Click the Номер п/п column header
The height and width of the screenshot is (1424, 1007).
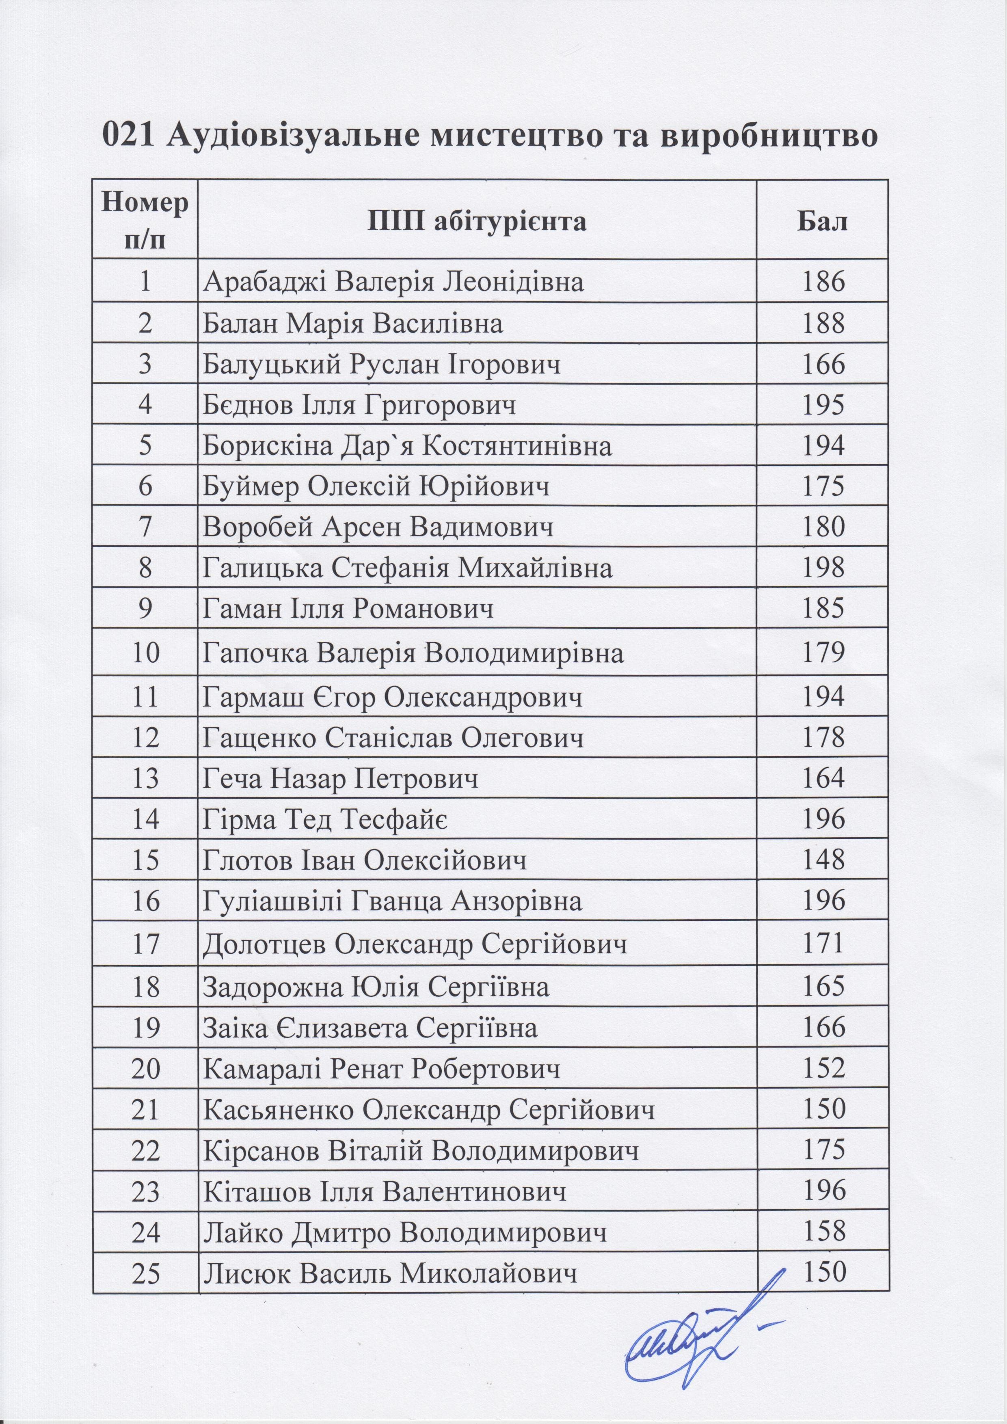(x=145, y=220)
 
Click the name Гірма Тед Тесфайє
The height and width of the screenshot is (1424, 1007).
(x=326, y=820)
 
